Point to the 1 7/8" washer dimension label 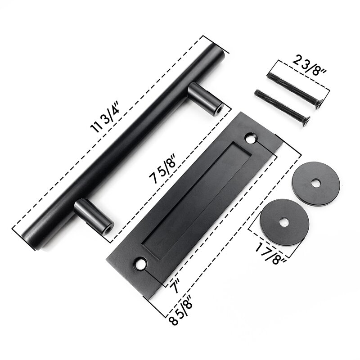[270, 254]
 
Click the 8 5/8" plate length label [182, 312]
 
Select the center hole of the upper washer [317, 183]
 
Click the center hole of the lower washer [284, 222]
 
